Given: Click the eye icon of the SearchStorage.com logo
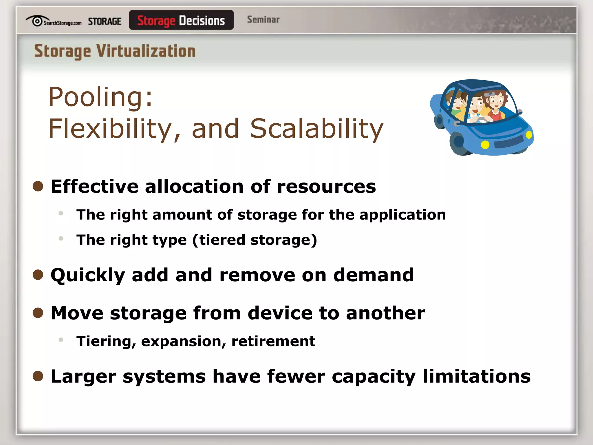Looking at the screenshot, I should click(x=37, y=21).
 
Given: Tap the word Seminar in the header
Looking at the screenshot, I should click(x=263, y=20).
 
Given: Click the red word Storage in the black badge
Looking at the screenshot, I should click(x=156, y=21).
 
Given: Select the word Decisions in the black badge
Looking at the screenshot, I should click(x=202, y=21).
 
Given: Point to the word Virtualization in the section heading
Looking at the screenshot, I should click(x=146, y=51).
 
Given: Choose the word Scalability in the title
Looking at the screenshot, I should click(x=317, y=129).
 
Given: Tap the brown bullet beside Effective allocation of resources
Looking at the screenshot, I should click(x=38, y=186).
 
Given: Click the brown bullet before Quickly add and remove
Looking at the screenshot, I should click(x=38, y=275).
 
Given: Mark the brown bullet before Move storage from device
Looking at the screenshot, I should click(x=38, y=313).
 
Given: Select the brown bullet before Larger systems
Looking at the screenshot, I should click(x=38, y=376).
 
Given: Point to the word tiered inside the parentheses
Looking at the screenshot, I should click(x=222, y=240).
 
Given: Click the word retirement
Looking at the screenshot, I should click(x=273, y=341).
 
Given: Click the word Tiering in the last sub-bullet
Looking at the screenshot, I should click(x=106, y=341).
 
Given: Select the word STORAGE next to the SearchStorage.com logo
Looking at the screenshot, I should click(x=105, y=21).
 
